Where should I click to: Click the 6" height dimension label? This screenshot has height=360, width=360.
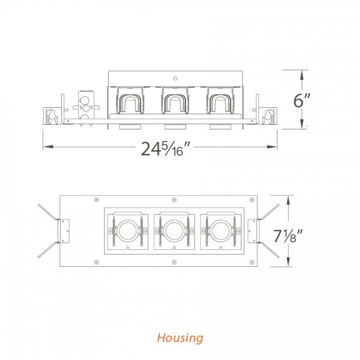pos(302,100)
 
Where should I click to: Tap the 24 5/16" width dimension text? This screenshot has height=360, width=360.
pos(165,149)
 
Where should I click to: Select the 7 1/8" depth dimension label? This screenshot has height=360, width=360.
pos(288,235)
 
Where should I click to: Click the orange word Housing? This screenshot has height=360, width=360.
pos(180,338)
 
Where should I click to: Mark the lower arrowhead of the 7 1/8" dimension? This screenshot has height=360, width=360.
pos(289,261)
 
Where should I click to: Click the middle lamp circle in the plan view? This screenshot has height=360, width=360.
pos(174,230)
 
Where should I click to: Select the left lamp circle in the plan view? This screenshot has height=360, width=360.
pos(127,230)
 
